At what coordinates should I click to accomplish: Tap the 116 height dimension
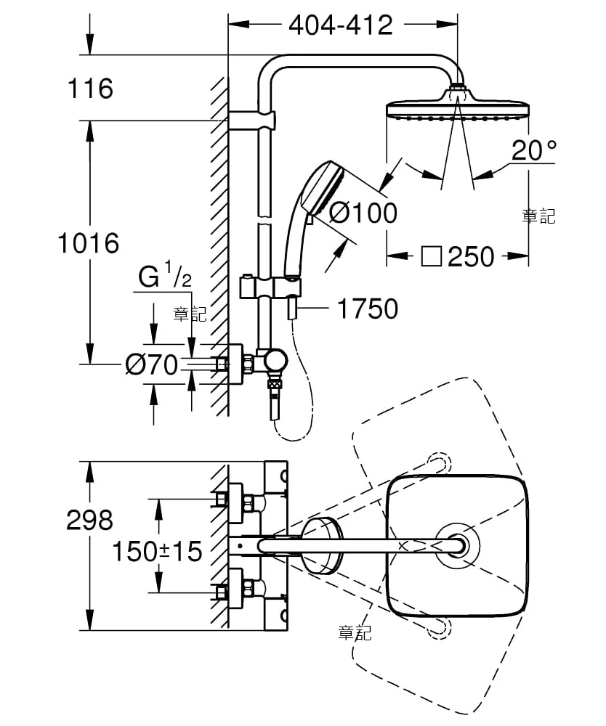tap(90, 89)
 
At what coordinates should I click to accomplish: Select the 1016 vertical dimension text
tap(89, 243)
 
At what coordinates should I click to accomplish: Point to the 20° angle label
tap(533, 150)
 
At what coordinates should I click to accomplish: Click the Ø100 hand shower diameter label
tap(363, 213)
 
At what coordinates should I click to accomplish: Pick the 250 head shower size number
tap(471, 256)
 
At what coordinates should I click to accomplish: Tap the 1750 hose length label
tap(368, 309)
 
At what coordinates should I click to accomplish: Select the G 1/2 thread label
tap(165, 275)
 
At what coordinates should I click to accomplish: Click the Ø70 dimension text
tap(151, 364)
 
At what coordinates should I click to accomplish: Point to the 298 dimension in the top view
tap(89, 520)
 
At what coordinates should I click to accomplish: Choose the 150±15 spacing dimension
tap(158, 552)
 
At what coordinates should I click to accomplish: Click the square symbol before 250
tap(431, 256)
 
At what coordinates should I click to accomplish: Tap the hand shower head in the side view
tap(322, 191)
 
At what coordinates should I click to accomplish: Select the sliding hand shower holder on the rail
tap(270, 287)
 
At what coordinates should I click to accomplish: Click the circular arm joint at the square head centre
tap(457, 547)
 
